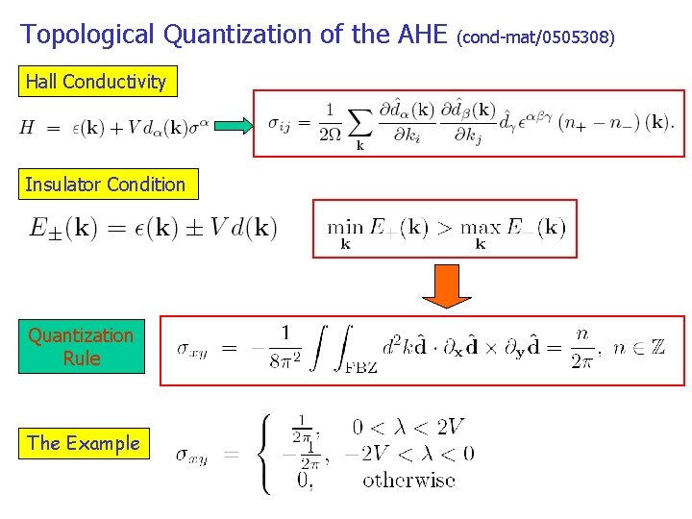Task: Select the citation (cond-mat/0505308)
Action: click(534, 38)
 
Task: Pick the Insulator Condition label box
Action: click(106, 185)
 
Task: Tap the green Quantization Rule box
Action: click(82, 346)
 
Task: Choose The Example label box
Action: click(84, 443)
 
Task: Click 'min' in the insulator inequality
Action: click(345, 227)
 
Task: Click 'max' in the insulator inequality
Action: click(481, 227)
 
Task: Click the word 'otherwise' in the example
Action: click(408, 480)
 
